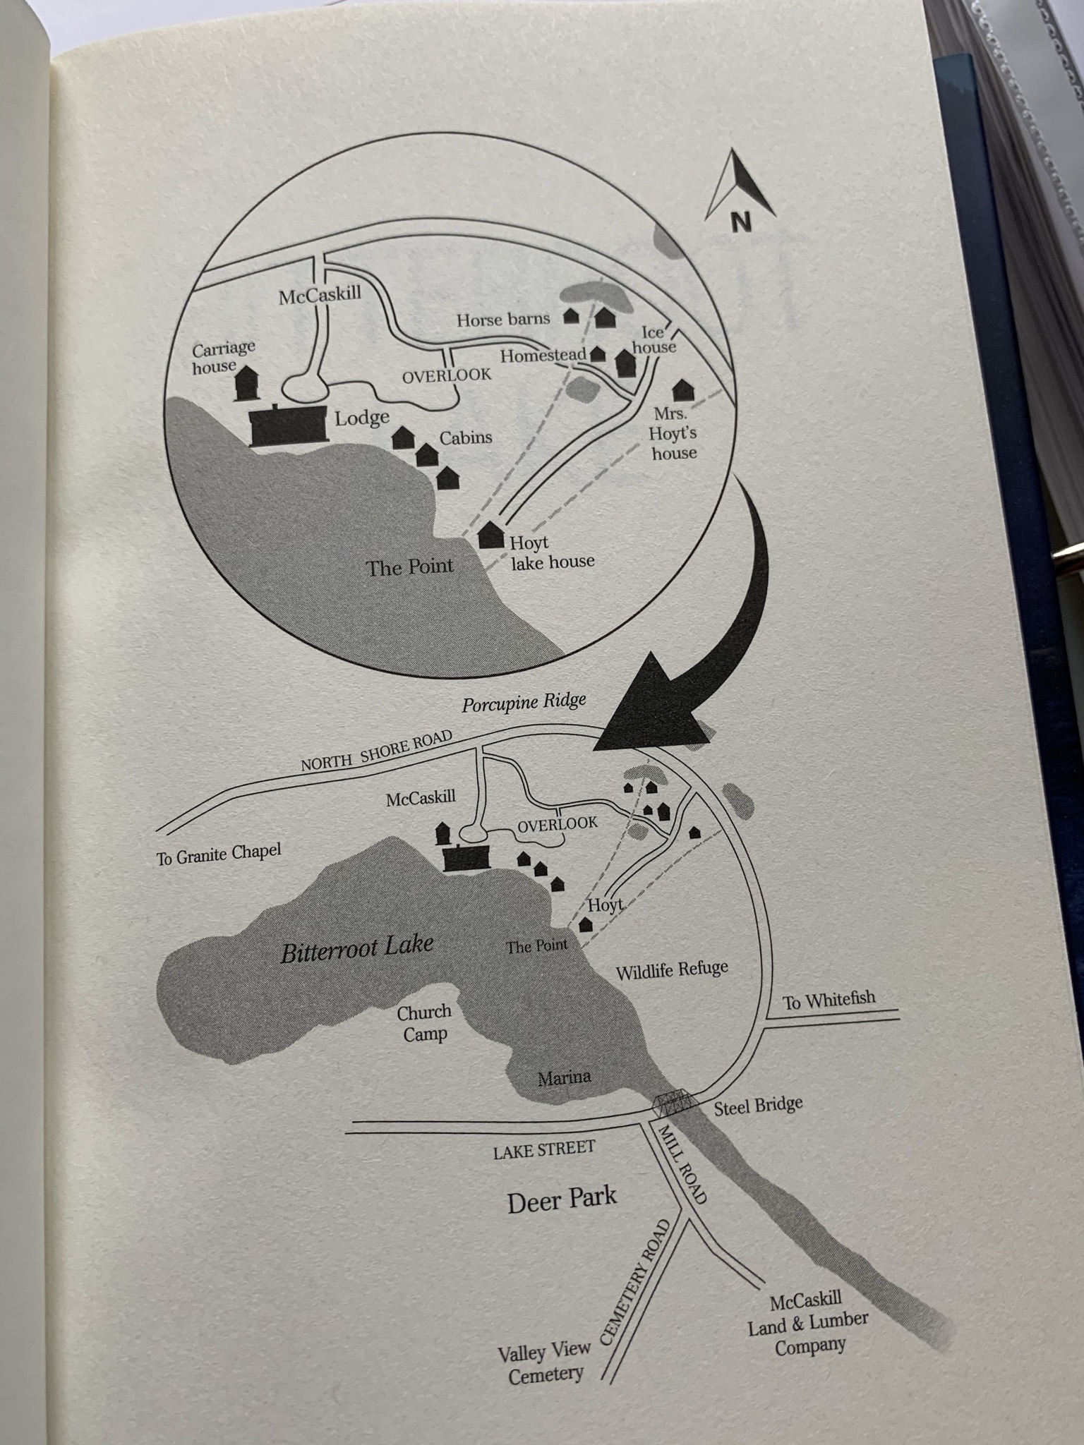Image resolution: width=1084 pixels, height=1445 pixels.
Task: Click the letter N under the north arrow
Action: click(x=741, y=222)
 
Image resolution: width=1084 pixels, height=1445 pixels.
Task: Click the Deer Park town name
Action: click(x=562, y=1199)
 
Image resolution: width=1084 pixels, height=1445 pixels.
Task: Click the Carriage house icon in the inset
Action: click(x=246, y=382)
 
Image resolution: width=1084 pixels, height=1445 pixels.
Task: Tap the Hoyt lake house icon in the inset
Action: click(x=490, y=534)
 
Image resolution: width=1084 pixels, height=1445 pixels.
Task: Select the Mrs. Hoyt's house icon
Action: click(x=682, y=390)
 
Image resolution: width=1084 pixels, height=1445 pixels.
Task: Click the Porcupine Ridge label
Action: click(x=524, y=703)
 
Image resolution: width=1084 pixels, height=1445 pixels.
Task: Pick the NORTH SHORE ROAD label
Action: click(x=375, y=753)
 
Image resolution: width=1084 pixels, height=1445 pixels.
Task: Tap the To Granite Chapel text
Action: click(x=219, y=854)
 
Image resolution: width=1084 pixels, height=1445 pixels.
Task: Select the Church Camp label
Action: click(x=424, y=1023)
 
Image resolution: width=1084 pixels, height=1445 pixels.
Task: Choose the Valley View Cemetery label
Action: click(x=544, y=1364)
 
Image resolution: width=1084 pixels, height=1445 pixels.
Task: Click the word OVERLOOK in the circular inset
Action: click(x=447, y=375)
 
